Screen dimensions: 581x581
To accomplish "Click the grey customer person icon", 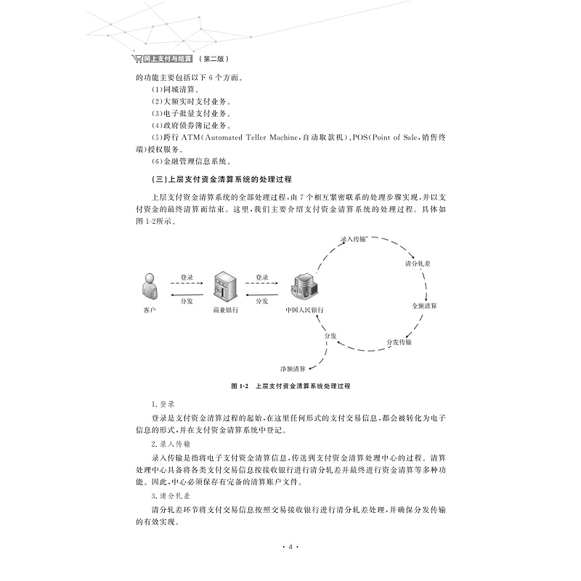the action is point(150,287).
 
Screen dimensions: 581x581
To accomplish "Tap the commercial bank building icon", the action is point(224,288).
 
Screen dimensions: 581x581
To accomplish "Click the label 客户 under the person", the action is point(150,310).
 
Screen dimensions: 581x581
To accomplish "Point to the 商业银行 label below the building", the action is point(225,310).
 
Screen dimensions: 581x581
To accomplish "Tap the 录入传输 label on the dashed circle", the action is point(354,238).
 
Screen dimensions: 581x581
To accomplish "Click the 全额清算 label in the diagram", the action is point(423,306).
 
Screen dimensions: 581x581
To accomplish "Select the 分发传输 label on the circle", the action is point(399,341).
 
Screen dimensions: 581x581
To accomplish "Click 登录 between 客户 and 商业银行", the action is point(187,277).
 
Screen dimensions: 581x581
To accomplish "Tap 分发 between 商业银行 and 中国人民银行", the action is point(262,300).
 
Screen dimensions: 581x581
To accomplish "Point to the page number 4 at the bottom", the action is point(290,547).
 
